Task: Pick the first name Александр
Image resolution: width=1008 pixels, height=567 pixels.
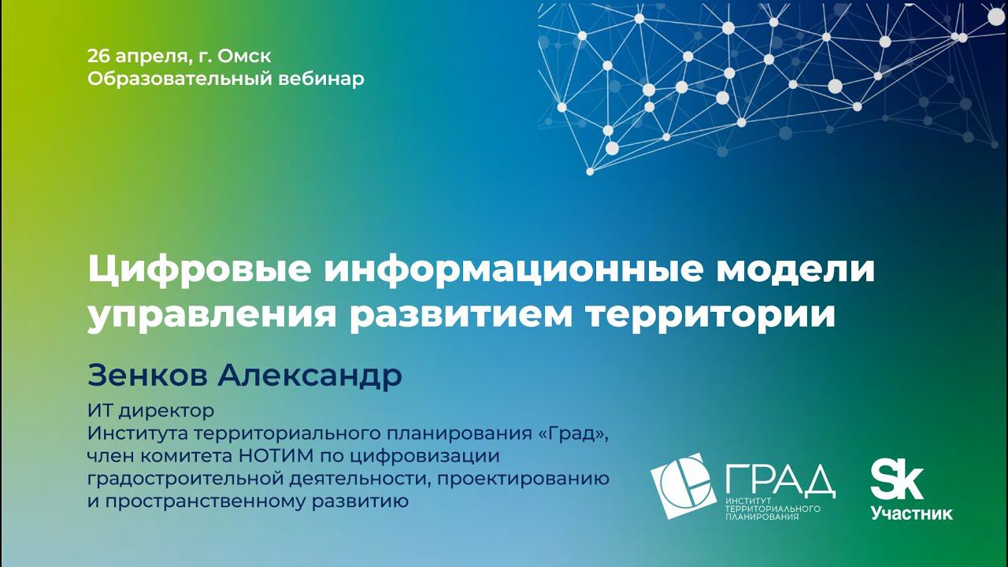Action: pos(309,376)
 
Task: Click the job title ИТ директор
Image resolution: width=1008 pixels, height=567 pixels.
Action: pos(150,411)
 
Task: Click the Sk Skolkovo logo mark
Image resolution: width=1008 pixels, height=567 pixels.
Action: pos(896,480)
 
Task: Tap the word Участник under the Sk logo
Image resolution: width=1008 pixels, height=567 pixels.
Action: pos(911,513)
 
